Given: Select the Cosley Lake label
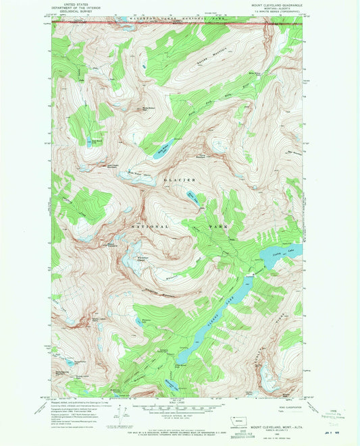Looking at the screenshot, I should (x=284, y=250).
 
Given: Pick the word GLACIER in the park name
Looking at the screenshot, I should (x=178, y=180).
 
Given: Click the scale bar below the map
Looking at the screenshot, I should (x=179, y=408).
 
